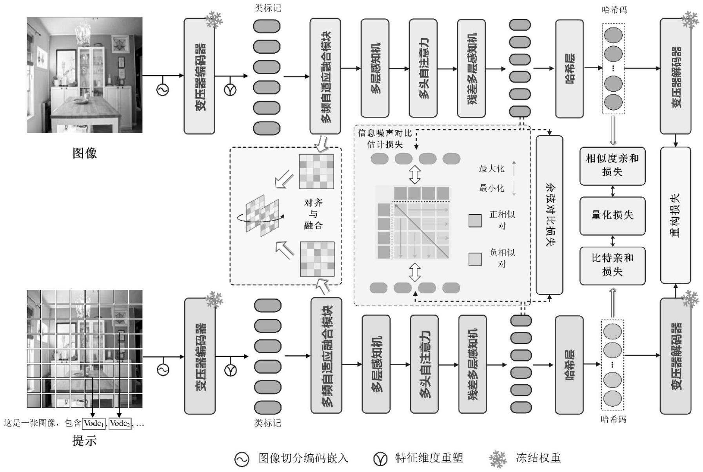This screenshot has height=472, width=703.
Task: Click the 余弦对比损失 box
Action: tap(549, 215)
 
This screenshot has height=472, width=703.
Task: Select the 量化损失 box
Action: tap(612, 215)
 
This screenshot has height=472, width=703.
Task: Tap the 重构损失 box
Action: tap(675, 215)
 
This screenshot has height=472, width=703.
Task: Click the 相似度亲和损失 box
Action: tap(612, 165)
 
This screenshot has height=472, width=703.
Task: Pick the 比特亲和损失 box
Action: tap(612, 265)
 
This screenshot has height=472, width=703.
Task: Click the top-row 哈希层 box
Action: tap(569, 69)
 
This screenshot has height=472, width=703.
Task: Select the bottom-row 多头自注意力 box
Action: tap(425, 364)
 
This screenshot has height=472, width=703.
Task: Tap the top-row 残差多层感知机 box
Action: tap(471, 69)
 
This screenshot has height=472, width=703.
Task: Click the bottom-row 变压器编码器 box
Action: tap(200, 356)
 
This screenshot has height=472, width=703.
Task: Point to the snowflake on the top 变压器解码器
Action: tap(690, 20)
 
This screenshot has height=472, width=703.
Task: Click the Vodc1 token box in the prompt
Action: tap(94, 423)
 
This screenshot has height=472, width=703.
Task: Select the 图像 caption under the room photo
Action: tap(84, 153)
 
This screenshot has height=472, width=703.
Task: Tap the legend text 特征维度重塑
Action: tap(429, 458)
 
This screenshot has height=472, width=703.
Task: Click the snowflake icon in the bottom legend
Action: tap(498, 459)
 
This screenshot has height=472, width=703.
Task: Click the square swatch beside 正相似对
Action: tap(475, 221)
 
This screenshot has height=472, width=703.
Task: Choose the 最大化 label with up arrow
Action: tap(492, 169)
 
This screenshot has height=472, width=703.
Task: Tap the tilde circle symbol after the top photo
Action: tap(162, 90)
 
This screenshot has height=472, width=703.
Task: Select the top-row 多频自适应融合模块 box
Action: tap(325, 76)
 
